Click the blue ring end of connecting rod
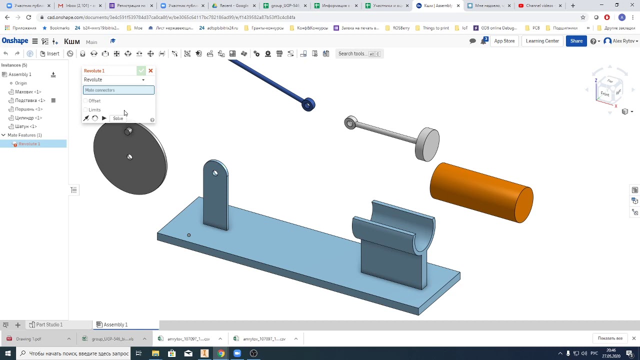(x=308, y=104)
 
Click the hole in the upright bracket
(x=215, y=173)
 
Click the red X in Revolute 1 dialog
(x=150, y=70)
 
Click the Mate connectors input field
(x=118, y=90)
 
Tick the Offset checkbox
(x=85, y=101)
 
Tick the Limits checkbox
(x=85, y=110)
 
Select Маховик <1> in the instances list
(x=28, y=92)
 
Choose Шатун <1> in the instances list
(x=25, y=126)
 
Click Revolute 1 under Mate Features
(x=29, y=144)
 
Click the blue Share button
(x=576, y=41)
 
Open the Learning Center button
(x=542, y=41)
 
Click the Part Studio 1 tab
(x=49, y=324)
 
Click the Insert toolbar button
(x=49, y=53)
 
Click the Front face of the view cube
(x=604, y=94)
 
